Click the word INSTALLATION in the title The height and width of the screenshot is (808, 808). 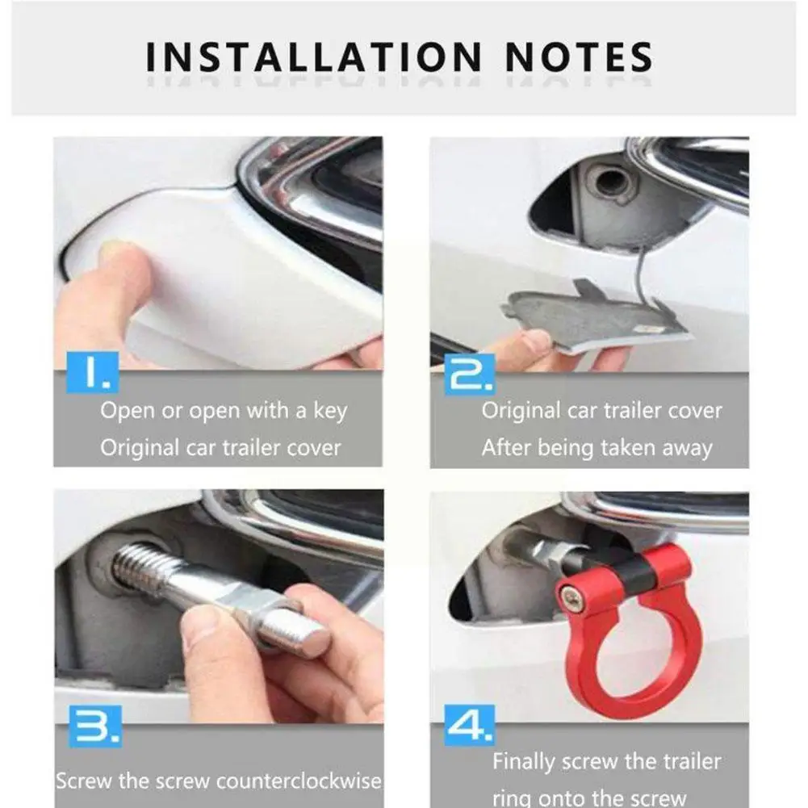point(312,57)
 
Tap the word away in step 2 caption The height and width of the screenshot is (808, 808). point(686,447)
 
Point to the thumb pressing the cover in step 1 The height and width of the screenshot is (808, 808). point(121,266)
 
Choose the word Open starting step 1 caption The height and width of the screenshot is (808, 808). point(128,411)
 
